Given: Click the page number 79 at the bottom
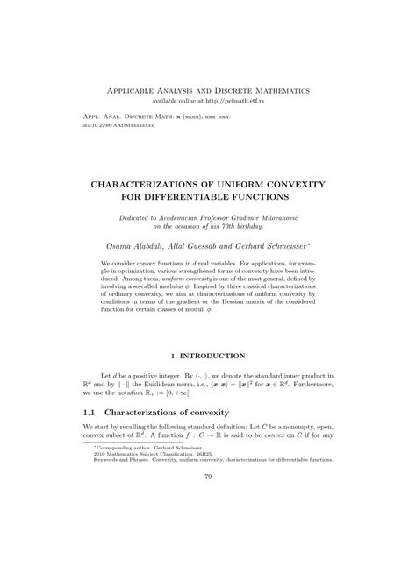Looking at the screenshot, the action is (x=208, y=527).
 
